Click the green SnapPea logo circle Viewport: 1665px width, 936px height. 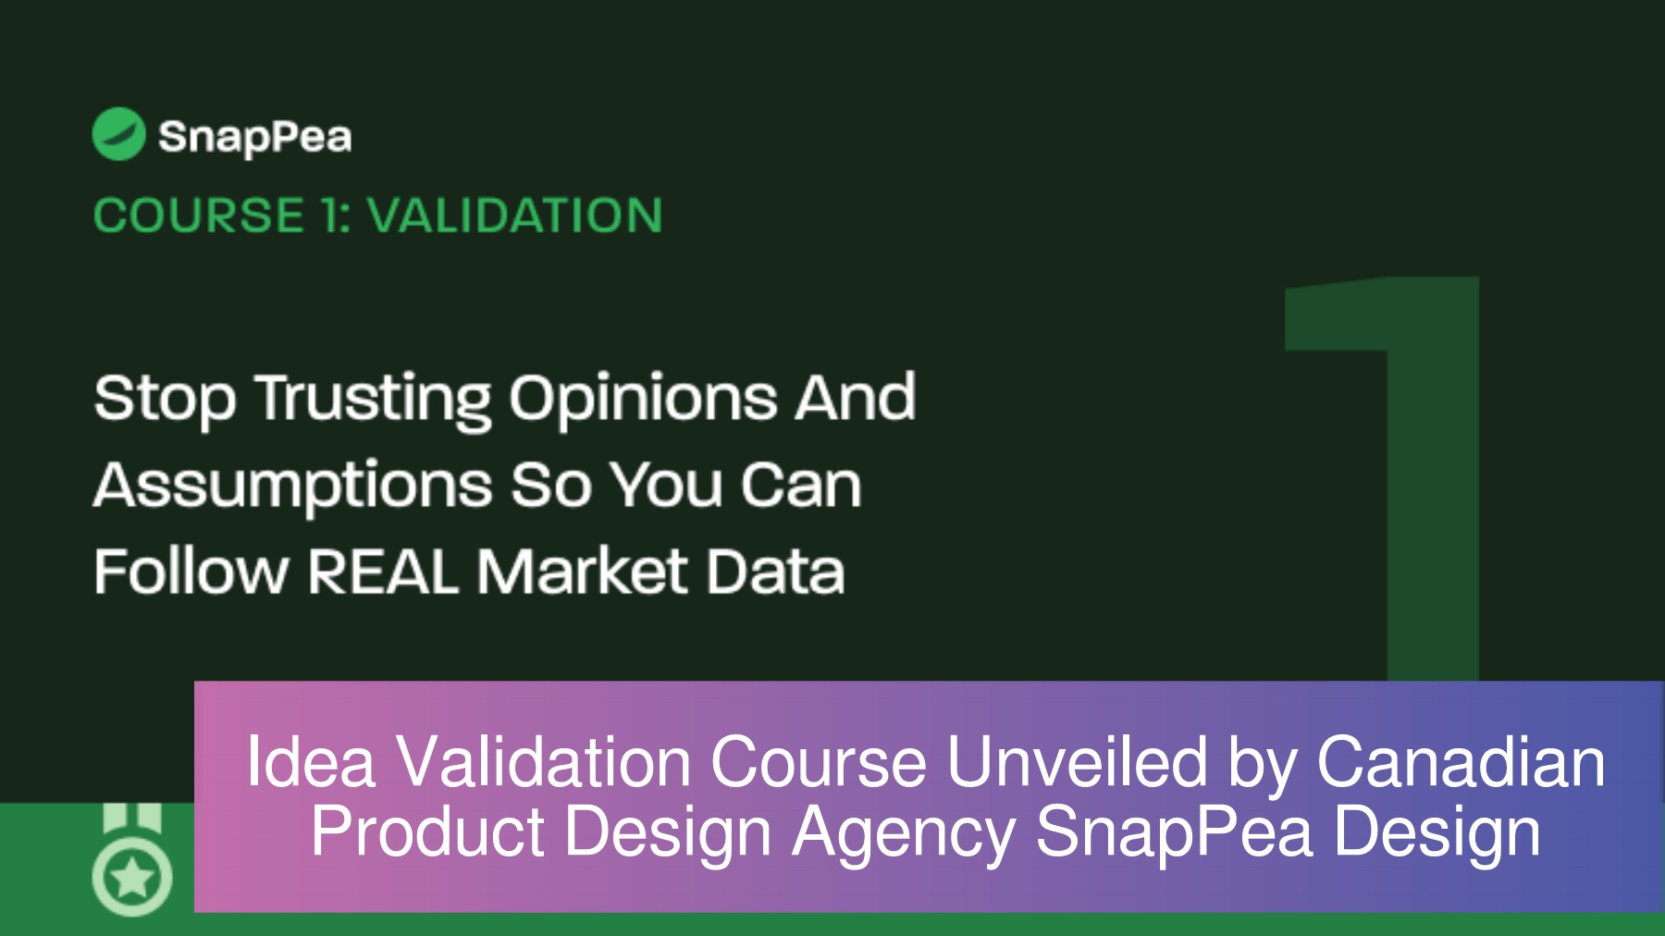tap(118, 134)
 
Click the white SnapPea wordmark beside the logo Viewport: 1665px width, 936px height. tap(254, 138)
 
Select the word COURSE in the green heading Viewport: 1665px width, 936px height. tap(199, 216)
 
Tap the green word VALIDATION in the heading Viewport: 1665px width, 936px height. tap(514, 216)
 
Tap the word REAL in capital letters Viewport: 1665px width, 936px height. tap(382, 572)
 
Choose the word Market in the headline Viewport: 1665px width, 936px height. tap(582, 572)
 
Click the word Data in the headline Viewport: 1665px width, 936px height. tap(775, 572)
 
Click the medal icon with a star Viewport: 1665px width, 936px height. tap(132, 865)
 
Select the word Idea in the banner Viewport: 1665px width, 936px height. tap(310, 763)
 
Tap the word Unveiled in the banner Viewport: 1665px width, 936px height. tap(1077, 763)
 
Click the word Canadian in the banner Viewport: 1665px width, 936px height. tap(1461, 763)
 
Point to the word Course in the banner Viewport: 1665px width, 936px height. tap(818, 763)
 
